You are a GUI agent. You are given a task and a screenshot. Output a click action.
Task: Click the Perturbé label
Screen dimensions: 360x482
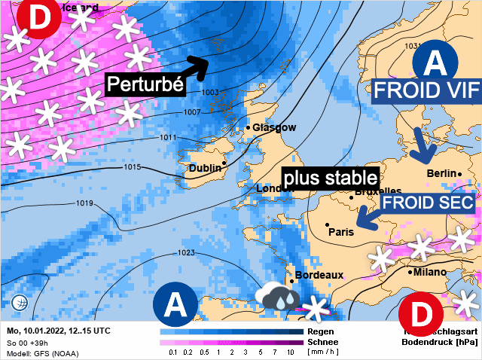[145, 84]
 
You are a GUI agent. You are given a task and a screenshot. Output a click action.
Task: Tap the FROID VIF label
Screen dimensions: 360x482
[426, 90]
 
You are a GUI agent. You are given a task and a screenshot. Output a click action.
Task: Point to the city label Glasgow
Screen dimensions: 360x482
[274, 127]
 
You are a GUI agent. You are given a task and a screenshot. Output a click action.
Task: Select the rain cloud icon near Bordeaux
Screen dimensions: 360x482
[276, 296]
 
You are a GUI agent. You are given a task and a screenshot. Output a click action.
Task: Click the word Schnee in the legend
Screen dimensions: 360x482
[322, 342]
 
